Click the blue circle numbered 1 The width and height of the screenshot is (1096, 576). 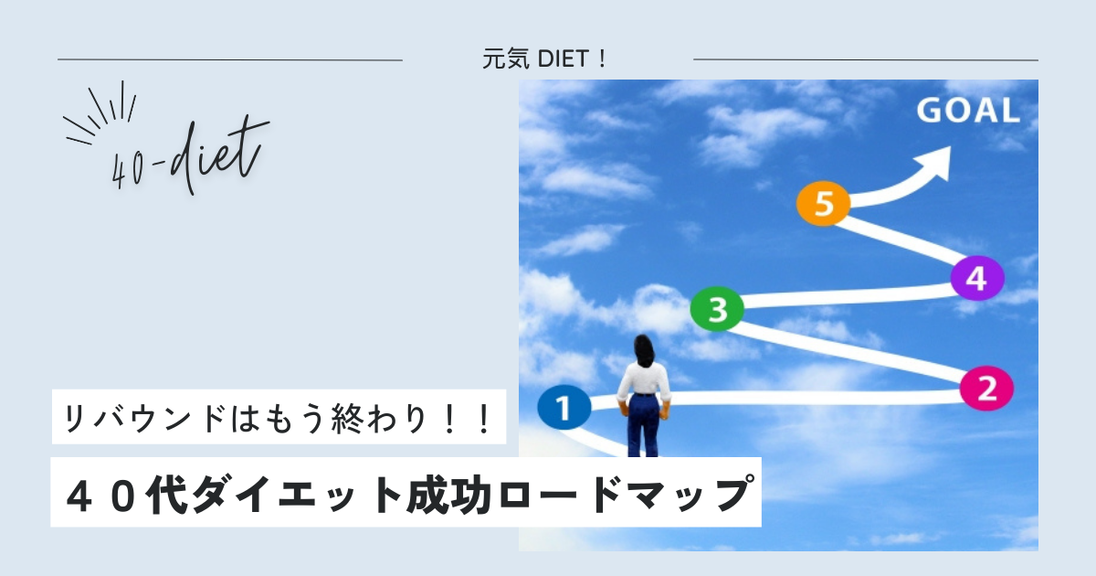564,408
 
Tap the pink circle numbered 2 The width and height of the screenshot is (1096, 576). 986,388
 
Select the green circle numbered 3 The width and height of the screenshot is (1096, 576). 717,309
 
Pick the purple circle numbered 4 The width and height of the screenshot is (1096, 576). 977,278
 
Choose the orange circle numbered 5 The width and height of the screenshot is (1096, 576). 824,203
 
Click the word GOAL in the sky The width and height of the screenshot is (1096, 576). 968,111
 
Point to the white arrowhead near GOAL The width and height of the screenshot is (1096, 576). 933,163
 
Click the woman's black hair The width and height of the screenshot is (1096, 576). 645,351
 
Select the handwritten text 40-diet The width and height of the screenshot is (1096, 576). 189,155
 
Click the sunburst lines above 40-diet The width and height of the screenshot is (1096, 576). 100,115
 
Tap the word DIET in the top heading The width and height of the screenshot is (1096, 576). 564,59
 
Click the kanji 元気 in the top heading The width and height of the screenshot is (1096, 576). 505,59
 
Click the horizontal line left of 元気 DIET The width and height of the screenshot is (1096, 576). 230,59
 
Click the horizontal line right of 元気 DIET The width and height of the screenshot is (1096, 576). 866,59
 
